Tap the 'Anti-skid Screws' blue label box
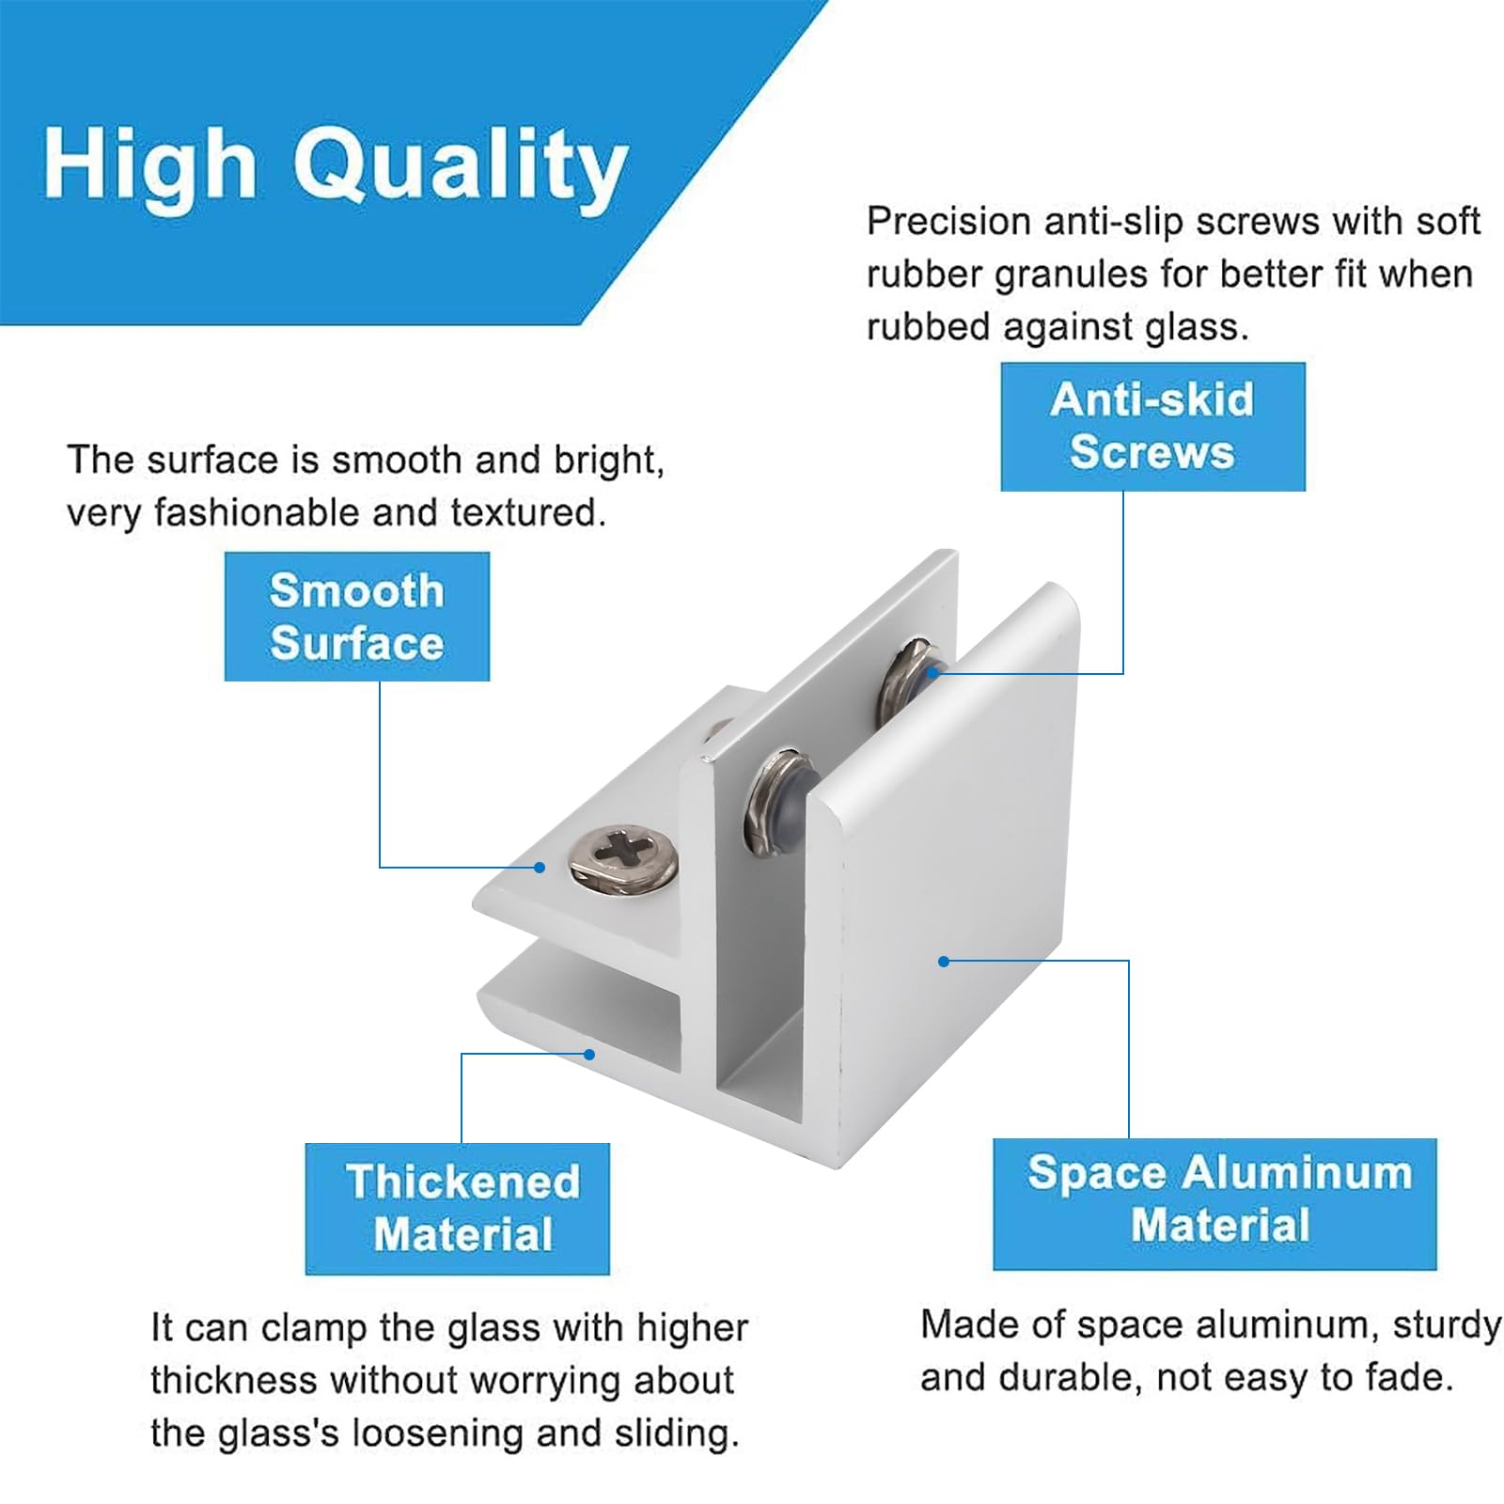click(1152, 427)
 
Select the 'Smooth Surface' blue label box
click(356, 617)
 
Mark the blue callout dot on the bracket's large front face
click(944, 961)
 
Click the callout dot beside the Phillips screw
click(540, 867)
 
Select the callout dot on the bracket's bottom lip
click(589, 1055)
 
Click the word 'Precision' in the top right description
click(949, 223)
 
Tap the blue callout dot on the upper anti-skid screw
click(931, 671)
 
